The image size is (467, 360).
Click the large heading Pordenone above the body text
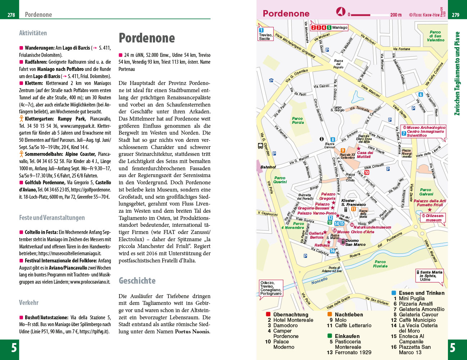[147, 38]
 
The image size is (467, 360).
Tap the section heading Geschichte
[137, 281]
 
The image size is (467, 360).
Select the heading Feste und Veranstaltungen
[52, 218]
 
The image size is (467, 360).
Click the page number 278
[11, 15]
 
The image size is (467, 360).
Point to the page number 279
[455, 15]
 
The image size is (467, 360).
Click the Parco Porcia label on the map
[298, 121]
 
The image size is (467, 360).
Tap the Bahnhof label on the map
[268, 167]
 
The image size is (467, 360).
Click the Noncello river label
[319, 280]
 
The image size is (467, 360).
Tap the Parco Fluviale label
[380, 264]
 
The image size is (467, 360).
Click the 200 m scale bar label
[396, 15]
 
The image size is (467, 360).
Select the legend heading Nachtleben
[349, 315]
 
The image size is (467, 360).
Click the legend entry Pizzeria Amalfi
[416, 304]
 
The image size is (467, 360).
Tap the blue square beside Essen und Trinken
[394, 293]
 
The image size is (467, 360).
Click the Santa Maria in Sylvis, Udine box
[430, 276]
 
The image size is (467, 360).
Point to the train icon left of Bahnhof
[260, 146]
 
